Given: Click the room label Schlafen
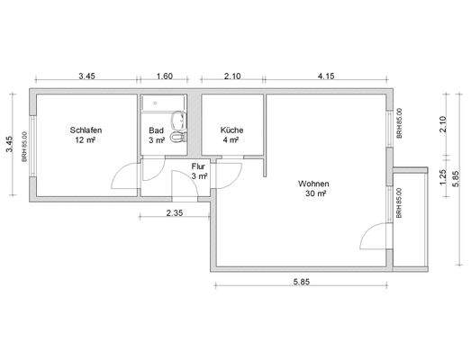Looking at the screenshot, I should coord(86,130).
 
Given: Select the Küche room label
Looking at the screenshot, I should coord(231,130).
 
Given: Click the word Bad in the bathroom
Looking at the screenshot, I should coord(156,130).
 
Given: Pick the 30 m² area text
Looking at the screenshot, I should coord(315,193).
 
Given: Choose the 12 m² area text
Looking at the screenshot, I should coord(86,141).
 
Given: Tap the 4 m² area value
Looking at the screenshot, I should coord(231,141).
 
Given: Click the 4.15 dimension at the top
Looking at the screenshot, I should coord(326,76).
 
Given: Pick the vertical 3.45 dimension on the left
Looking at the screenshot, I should coord(10,144).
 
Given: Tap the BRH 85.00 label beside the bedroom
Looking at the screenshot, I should coord(25,145).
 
